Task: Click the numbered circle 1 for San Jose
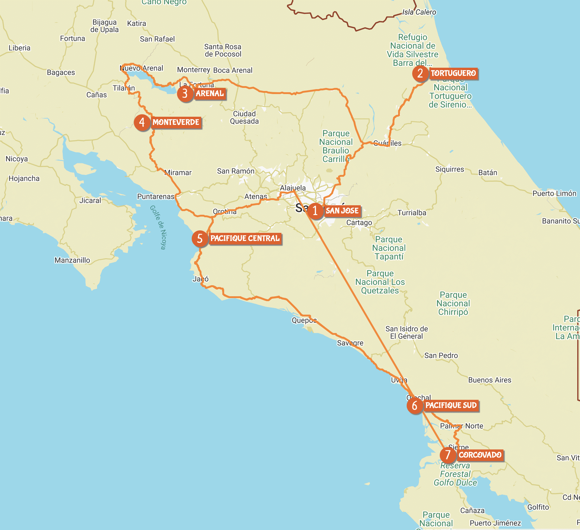pos(315,211)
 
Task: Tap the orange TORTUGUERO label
pos(453,73)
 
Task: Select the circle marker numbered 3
pos(185,93)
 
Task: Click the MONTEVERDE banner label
pos(176,122)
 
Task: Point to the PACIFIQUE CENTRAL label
pos(245,238)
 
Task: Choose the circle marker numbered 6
pos(415,406)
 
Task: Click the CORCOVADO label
pos(480,455)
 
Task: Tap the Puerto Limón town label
pos(554,193)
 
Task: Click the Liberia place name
pos(20,48)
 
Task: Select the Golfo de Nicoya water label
pos(158,227)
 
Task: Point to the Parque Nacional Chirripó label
pos(453,303)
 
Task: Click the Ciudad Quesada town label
pos(244,118)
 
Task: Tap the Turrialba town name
pos(412,213)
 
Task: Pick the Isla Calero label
pos(419,12)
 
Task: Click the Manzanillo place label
pos(72,260)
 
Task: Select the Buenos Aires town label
pos(490,380)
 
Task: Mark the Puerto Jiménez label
pos(495,523)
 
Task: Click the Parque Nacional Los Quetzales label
pos(380,282)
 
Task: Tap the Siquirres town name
pos(450,169)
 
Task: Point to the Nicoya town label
pos(17,159)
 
